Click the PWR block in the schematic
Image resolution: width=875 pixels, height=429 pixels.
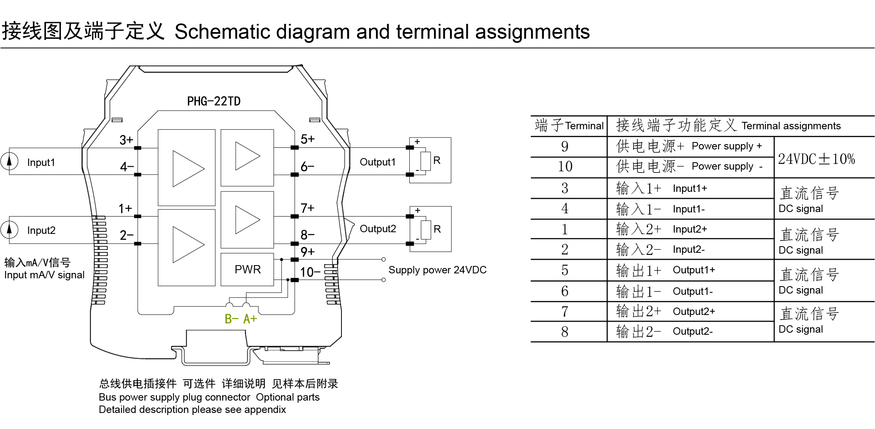pos(247,269)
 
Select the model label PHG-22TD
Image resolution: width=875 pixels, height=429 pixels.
pos(214,101)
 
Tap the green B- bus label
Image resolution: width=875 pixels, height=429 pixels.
pos(231,319)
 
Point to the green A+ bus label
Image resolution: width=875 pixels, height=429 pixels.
pos(250,319)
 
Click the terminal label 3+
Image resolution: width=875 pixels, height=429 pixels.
pos(126,140)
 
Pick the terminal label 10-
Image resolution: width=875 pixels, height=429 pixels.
pos(310,272)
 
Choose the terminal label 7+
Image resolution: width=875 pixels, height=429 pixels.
pos(307,208)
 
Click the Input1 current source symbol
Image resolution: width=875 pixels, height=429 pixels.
pos(9,161)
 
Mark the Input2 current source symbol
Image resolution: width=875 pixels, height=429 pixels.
pos(9,229)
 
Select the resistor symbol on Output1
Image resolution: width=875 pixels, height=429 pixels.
pos(425,161)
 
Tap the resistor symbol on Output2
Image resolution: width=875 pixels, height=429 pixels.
pos(426,229)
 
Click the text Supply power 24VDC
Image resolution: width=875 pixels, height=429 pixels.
pos(437,270)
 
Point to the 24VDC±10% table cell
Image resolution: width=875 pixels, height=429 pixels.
pos(816,159)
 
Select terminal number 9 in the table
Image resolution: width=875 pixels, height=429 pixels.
pos(565,147)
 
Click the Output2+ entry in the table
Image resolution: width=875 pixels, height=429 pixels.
pos(694,312)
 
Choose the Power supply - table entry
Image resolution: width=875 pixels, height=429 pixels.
pos(726,166)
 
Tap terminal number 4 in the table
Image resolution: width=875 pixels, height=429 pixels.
pos(565,208)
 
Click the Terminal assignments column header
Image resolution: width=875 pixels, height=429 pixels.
pos(791,126)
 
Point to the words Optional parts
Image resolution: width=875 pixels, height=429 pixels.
pos(288,397)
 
